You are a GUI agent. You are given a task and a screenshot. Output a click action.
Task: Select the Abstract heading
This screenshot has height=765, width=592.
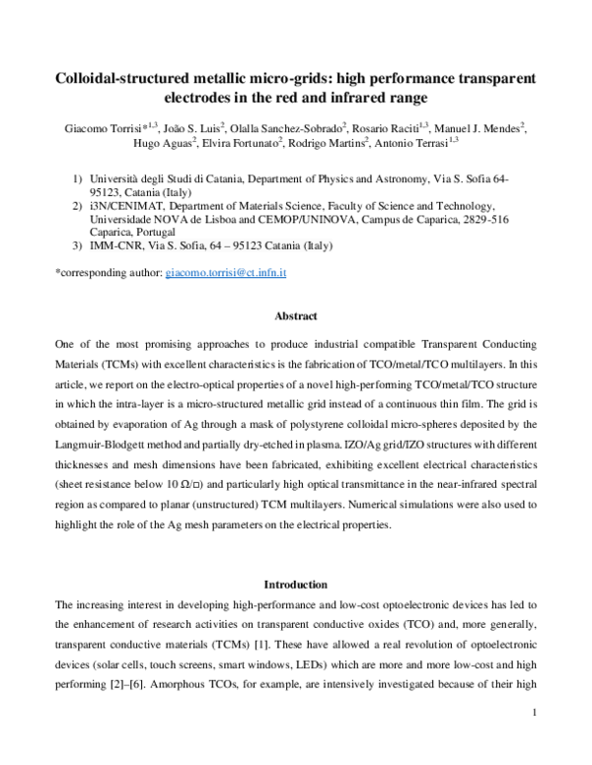click(295, 316)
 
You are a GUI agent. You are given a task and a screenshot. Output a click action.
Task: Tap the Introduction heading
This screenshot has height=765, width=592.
click(295, 584)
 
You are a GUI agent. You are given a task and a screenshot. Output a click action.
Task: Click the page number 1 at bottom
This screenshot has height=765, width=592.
click(533, 739)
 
